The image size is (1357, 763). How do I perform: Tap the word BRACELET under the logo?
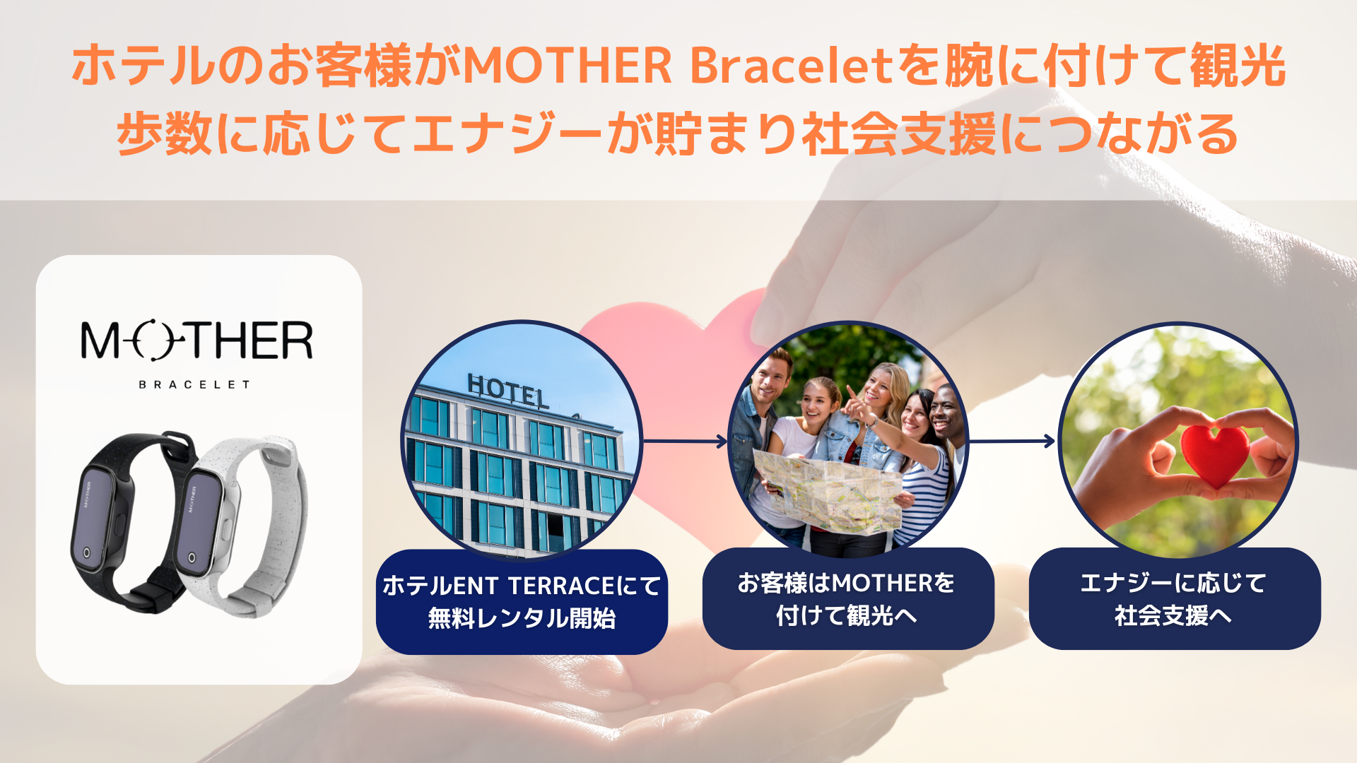click(x=194, y=384)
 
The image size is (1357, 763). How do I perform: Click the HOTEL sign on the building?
click(x=507, y=391)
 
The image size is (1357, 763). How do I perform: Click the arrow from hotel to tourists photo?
click(x=685, y=442)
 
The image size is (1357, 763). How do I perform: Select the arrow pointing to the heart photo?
click(x=1012, y=442)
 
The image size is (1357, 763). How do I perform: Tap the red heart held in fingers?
click(x=1214, y=454)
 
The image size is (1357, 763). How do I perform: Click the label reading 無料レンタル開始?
click(x=522, y=618)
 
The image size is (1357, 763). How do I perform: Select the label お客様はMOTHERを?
click(x=847, y=583)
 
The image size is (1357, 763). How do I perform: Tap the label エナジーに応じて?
click(x=1173, y=583)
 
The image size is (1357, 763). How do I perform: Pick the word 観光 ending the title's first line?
click(x=1238, y=66)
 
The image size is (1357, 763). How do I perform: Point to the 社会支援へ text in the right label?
click(x=1173, y=615)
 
